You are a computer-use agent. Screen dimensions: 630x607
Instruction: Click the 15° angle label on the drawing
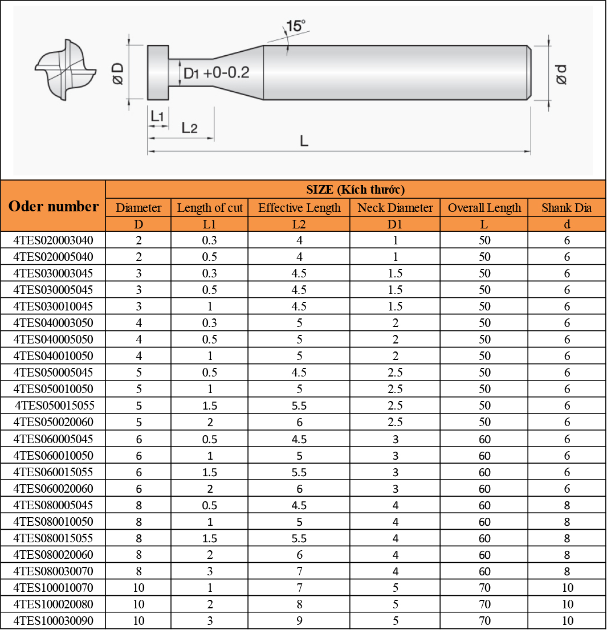[296, 26]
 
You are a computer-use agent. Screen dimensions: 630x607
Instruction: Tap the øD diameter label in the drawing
[118, 73]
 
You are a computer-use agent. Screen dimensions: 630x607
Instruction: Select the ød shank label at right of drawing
[561, 73]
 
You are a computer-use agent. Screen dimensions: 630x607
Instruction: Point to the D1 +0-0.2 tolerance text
[216, 73]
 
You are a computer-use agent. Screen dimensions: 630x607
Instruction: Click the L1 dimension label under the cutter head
[157, 116]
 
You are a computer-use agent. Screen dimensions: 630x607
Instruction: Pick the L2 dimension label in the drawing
[189, 128]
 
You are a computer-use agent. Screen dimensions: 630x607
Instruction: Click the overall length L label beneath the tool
[304, 141]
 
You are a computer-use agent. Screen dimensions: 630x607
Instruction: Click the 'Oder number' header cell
[54, 206]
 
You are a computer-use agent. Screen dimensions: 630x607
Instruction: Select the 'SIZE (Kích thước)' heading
[355, 190]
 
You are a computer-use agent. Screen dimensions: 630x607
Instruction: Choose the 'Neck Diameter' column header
[395, 208]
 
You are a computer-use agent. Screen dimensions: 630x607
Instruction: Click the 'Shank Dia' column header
[567, 208]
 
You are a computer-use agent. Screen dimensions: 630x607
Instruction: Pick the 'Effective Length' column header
[299, 208]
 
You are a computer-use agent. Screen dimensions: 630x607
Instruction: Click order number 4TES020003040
[53, 240]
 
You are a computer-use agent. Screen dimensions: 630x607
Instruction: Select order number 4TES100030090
[53, 621]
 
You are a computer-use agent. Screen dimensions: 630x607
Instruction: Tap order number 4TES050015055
[54, 406]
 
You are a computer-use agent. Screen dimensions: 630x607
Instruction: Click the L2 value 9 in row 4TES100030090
[299, 621]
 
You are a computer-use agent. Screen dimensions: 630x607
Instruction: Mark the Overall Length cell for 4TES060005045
[484, 439]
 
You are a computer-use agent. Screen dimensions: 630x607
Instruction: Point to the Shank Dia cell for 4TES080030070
[567, 571]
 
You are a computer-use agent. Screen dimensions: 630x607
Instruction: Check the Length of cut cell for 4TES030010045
[210, 306]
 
